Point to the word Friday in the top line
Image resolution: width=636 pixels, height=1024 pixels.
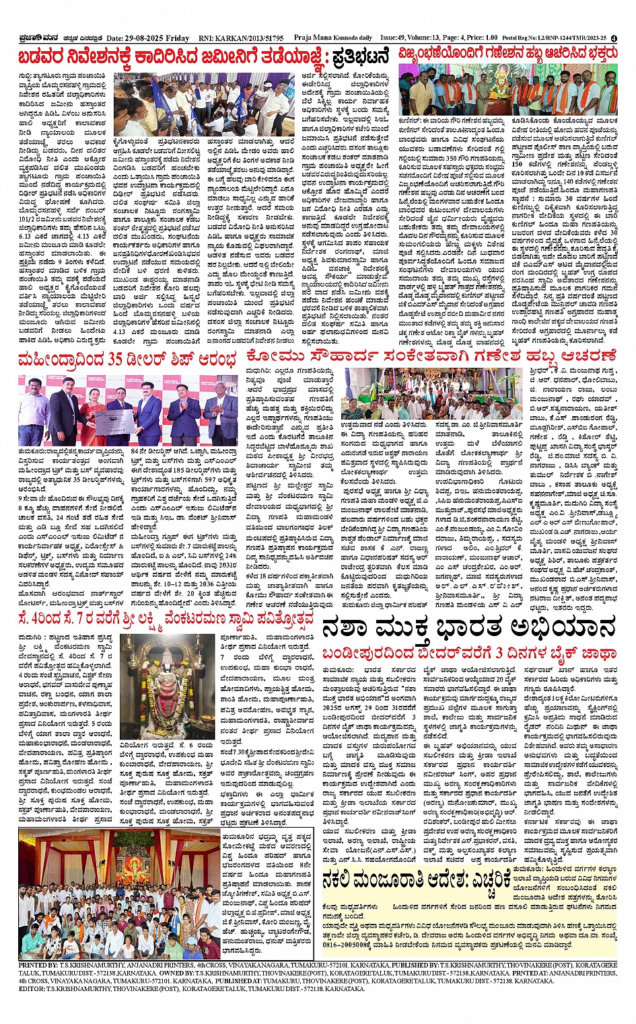coord(177,39)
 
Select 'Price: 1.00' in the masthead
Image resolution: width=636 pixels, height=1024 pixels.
coord(482,38)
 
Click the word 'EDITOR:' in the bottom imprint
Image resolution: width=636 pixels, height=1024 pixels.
coord(32,989)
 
